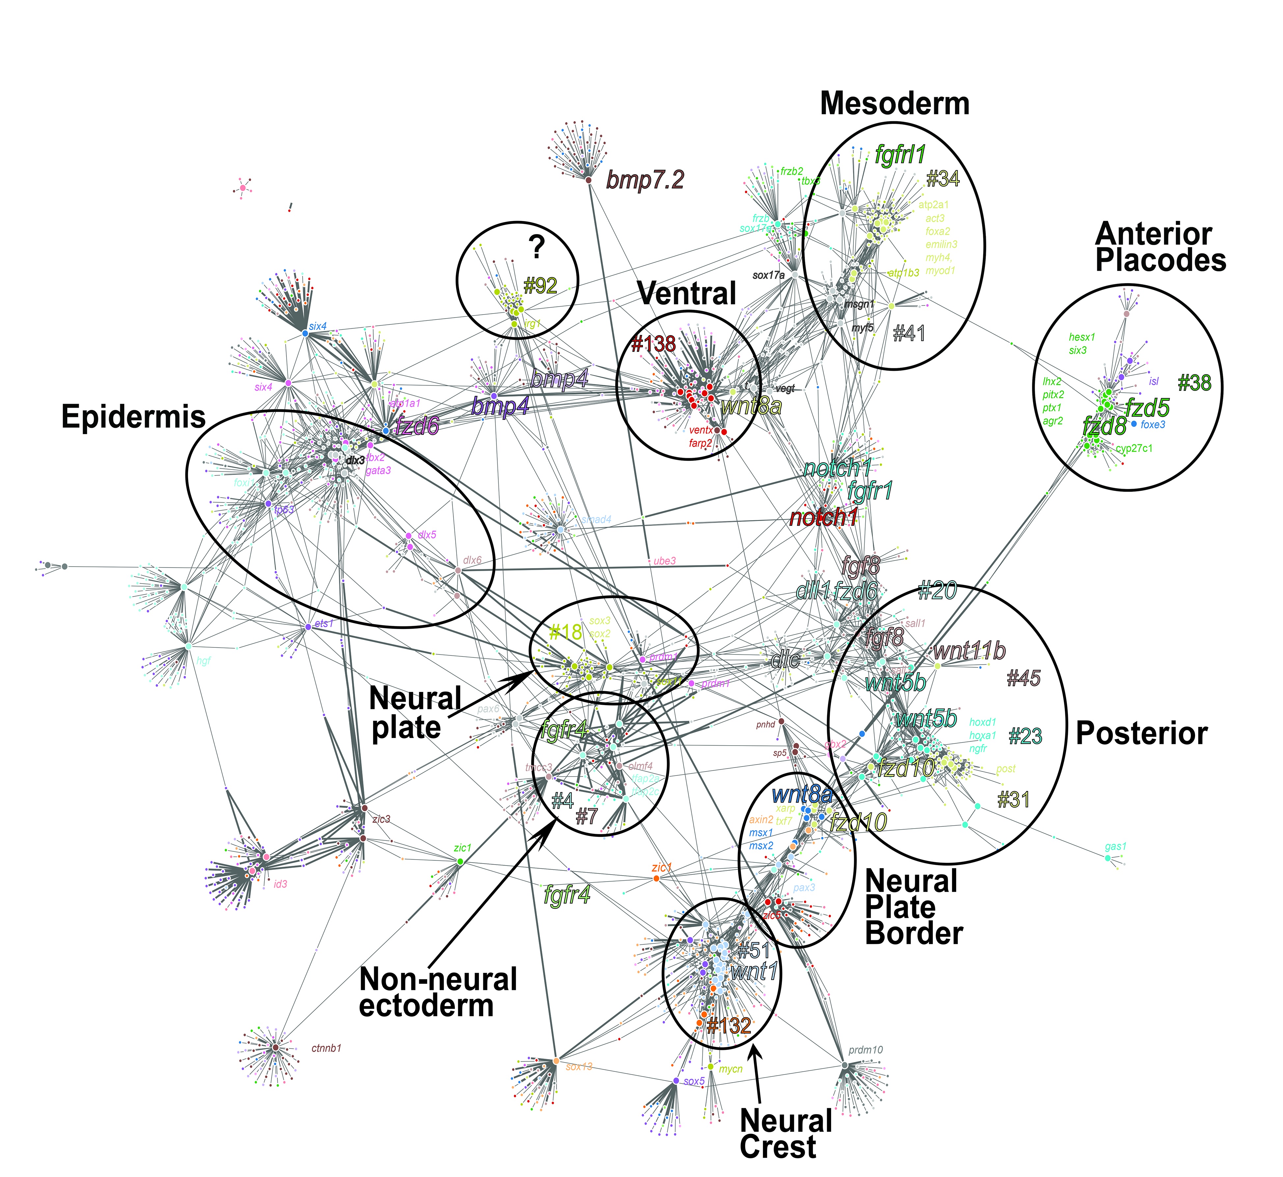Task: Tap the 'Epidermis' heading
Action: click(134, 417)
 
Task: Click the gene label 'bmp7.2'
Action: click(645, 180)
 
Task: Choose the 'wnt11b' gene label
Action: click(969, 651)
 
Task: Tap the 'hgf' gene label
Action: click(203, 661)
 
